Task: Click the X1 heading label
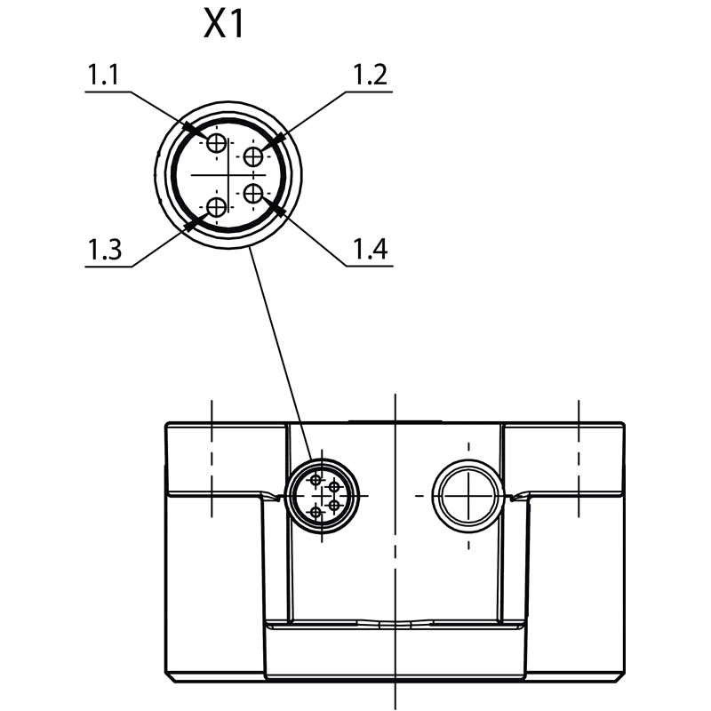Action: pyautogui.click(x=224, y=24)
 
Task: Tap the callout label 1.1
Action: pyautogui.click(x=103, y=75)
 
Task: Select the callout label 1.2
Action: pyautogui.click(x=370, y=75)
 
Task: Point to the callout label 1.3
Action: pyautogui.click(x=104, y=250)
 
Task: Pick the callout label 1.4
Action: pyautogui.click(x=370, y=249)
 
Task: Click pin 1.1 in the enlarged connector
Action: pyautogui.click(x=216, y=144)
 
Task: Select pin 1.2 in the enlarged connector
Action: pyautogui.click(x=253, y=157)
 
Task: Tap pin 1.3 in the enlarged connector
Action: pyautogui.click(x=216, y=208)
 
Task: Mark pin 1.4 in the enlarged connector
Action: pyautogui.click(x=253, y=194)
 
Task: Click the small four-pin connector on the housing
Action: pyautogui.click(x=322, y=496)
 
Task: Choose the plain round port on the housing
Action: pyautogui.click(x=468, y=496)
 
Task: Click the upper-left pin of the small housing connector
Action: pyautogui.click(x=316, y=480)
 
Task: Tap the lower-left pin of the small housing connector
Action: pyautogui.click(x=316, y=513)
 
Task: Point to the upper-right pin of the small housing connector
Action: pyautogui.click(x=334, y=487)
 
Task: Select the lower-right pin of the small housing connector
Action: pyautogui.click(x=334, y=505)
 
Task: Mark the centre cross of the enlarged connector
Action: pyautogui.click(x=228, y=174)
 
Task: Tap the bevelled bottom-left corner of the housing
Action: pyautogui.click(x=170, y=677)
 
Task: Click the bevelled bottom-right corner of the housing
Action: pyautogui.click(x=619, y=677)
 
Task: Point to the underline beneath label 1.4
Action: pyautogui.click(x=370, y=265)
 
